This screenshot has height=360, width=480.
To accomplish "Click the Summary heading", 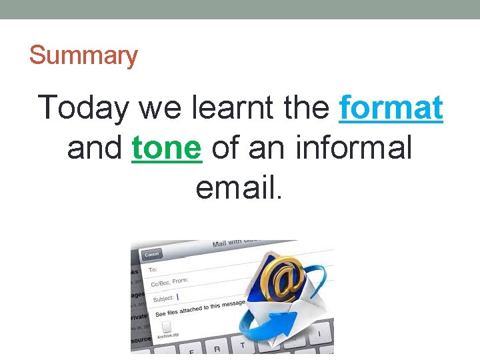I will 83,55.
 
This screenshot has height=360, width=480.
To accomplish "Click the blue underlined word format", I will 391,108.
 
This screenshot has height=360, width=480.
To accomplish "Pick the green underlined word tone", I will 167,148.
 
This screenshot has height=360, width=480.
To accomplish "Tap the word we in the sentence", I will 152,108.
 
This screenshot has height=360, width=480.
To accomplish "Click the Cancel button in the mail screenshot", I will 152,254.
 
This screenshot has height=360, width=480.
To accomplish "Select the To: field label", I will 153,269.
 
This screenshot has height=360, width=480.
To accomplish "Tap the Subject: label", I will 164,297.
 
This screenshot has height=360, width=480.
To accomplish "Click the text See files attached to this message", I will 200,309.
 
